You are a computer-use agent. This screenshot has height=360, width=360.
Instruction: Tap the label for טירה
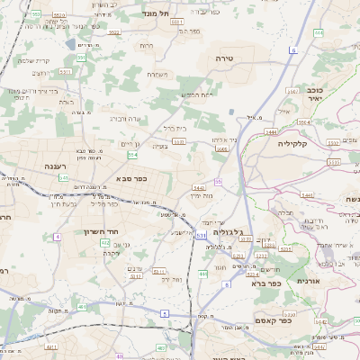225,57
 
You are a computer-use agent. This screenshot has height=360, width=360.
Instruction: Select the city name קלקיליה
292,144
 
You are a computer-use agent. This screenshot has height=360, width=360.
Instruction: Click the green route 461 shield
82,307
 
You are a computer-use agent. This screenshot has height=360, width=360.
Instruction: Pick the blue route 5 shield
165,312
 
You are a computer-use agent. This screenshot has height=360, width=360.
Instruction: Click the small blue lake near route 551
70,43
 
